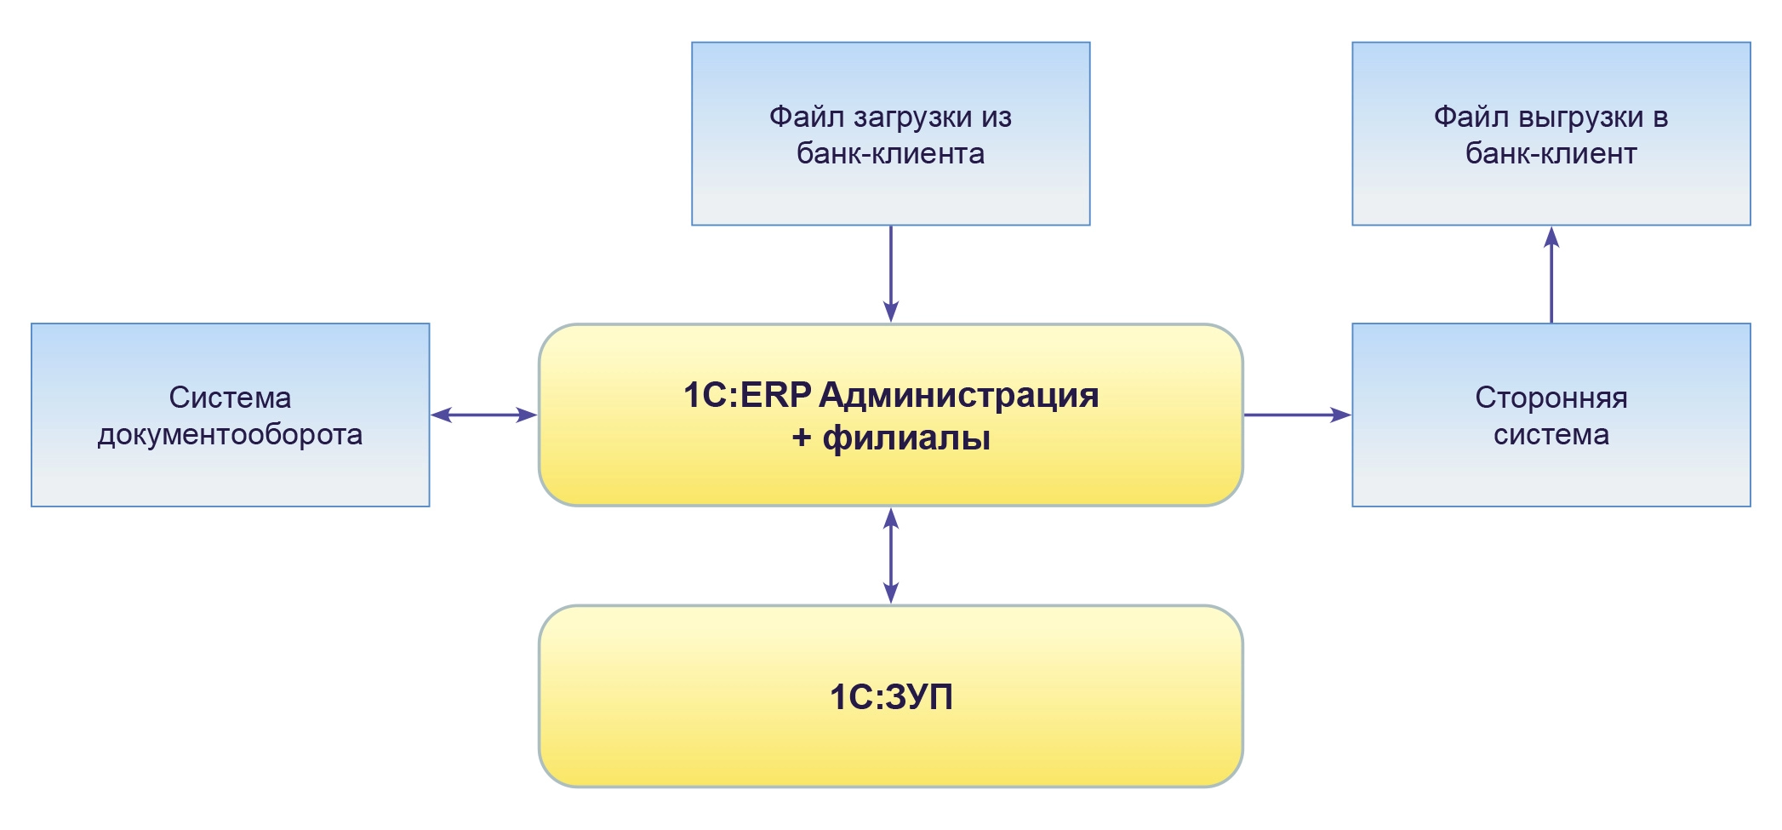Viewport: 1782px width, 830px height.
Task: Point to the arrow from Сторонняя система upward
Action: coord(1551,274)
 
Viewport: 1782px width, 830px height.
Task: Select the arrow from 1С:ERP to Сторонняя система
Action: coord(1297,415)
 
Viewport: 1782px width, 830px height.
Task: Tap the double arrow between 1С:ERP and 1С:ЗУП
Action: coord(890,555)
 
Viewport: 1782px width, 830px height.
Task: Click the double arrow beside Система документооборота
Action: coord(483,415)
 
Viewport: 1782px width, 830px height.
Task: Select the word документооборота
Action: coord(230,435)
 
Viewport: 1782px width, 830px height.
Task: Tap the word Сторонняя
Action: coord(1551,398)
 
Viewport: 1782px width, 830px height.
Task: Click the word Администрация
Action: coord(959,395)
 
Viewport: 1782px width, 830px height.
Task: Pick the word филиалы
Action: coord(906,438)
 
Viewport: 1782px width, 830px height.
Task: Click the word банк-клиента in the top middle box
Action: coord(890,154)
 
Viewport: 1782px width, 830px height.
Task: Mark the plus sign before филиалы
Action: coord(801,438)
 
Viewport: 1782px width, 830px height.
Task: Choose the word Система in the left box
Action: coord(230,398)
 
